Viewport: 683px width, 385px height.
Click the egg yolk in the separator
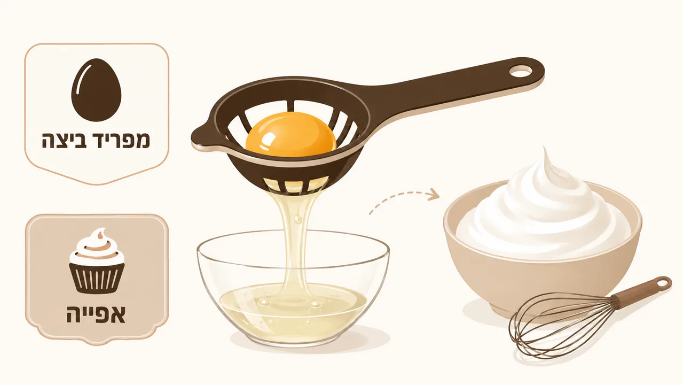[x=291, y=135]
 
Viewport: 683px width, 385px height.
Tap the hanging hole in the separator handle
[x=521, y=71]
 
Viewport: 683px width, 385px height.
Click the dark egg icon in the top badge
[x=96, y=90]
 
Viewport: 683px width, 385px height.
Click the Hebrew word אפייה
[x=96, y=313]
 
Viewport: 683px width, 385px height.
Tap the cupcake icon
[x=97, y=261]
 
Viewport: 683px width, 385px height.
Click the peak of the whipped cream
[x=545, y=150]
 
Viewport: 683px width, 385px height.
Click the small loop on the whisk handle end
[x=663, y=284]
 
